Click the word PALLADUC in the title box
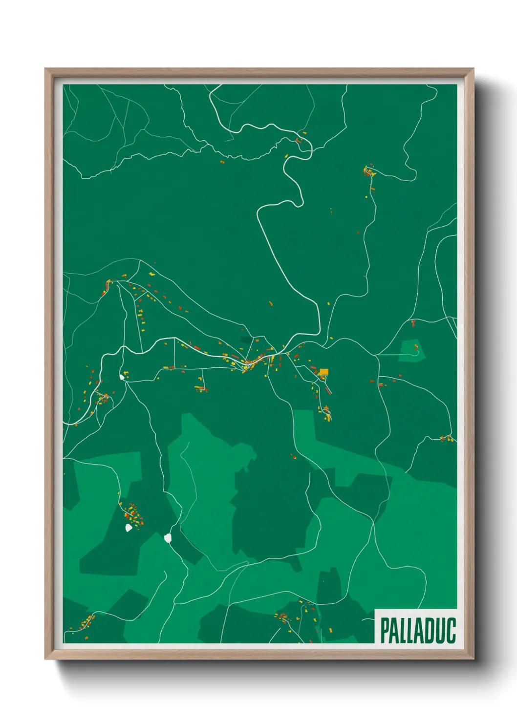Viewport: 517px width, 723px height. click(417, 630)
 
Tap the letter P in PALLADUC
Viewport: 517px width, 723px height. click(385, 631)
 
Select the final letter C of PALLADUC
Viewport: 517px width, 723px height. click(451, 631)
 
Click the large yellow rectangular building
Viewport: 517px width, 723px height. click(323, 372)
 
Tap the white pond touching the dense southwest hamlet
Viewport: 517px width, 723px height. click(129, 528)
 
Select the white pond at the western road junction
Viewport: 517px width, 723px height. click(122, 377)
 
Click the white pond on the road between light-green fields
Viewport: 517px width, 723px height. click(169, 538)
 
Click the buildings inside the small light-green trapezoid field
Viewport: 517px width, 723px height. click(416, 348)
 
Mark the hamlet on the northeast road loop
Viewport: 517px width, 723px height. click(369, 172)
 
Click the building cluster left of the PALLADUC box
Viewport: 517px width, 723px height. click(283, 617)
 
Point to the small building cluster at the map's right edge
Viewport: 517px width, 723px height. click(446, 438)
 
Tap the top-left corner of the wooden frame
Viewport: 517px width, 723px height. click(45, 69)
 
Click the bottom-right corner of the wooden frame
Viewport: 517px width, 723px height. click(474, 659)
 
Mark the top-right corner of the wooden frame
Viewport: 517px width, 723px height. click(474, 69)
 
